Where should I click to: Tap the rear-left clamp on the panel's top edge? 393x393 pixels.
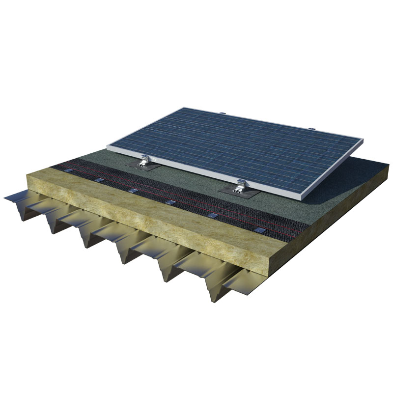[224, 113]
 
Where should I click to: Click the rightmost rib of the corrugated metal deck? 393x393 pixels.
[216, 290]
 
